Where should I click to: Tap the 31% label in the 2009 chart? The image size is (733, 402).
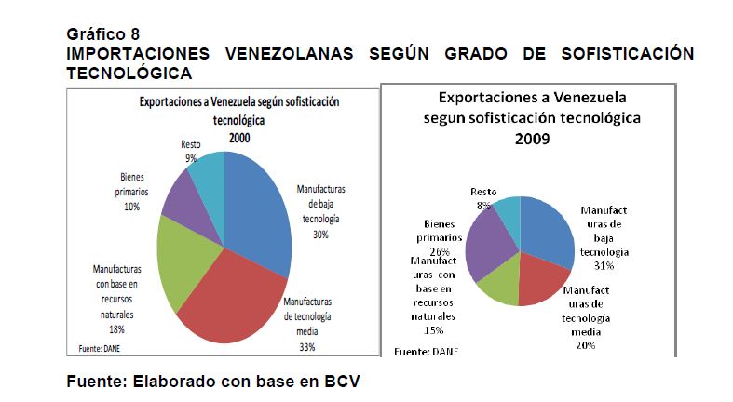604,266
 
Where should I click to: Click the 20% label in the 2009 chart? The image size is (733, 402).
585,345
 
